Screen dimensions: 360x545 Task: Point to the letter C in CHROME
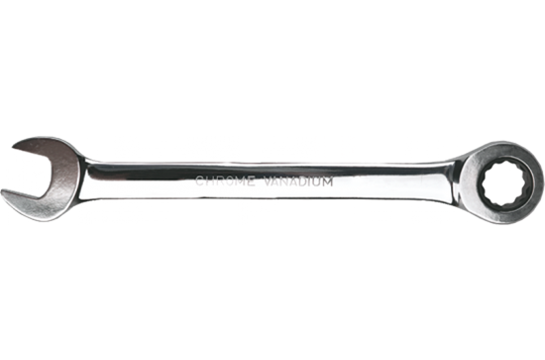201,182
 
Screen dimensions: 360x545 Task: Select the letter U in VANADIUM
316,182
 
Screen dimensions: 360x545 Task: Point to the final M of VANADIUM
328,182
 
